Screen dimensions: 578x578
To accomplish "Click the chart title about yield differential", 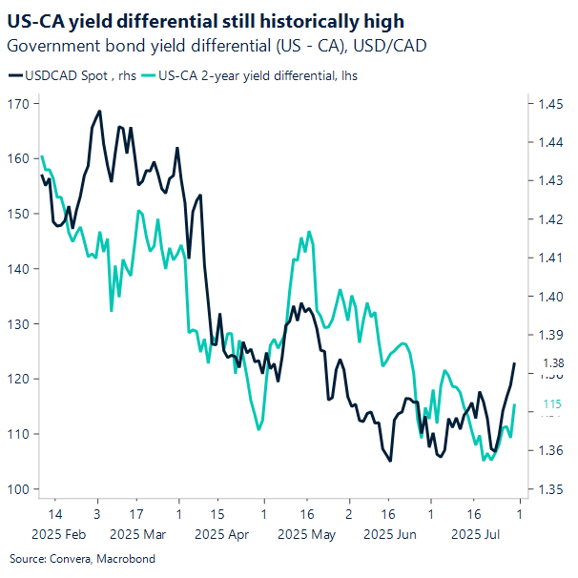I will [x=205, y=21].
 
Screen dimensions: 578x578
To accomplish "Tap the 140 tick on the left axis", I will [x=17, y=269].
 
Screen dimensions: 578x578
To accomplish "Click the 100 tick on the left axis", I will [x=17, y=489].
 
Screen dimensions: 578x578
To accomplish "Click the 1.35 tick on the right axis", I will [x=550, y=489].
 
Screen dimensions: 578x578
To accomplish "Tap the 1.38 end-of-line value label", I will [x=553, y=363].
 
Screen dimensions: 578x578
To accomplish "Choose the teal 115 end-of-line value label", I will [x=552, y=404].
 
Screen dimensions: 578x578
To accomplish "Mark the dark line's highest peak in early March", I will [x=100, y=112].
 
